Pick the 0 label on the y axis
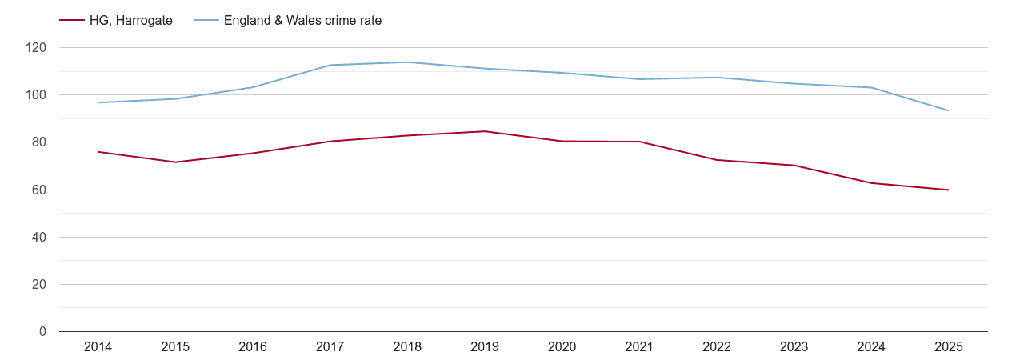tap(43, 332)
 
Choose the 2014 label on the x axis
tap(98, 347)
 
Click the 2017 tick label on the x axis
tap(330, 347)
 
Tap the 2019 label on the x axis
tap(485, 347)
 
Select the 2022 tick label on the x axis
tap(717, 347)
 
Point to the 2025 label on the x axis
tap(949, 347)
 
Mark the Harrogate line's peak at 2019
tap(485, 131)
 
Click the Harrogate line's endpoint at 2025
tap(949, 190)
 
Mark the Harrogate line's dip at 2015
tap(175, 162)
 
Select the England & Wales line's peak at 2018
tap(407, 62)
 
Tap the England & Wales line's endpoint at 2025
tap(949, 110)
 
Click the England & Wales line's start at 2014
tap(98, 102)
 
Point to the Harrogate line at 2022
tap(717, 160)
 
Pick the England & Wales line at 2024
tap(871, 87)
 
